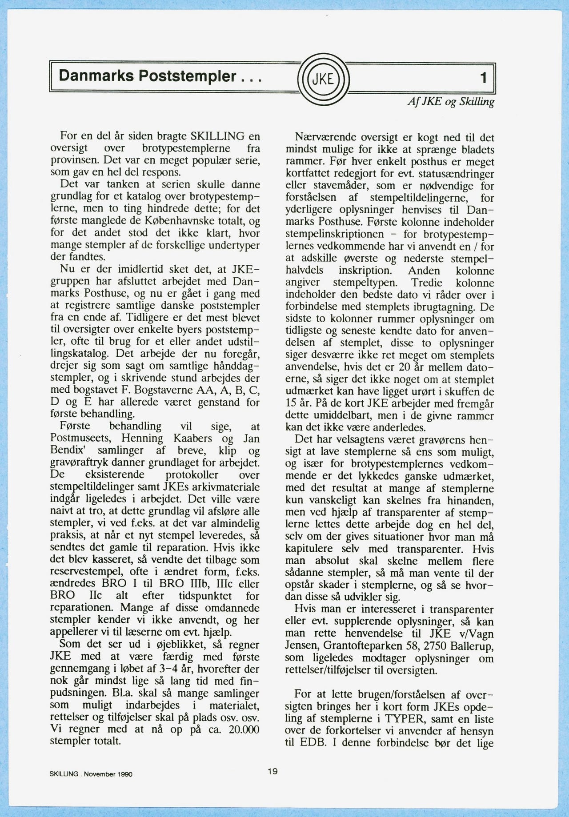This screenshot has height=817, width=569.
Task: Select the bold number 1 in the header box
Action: tap(484, 78)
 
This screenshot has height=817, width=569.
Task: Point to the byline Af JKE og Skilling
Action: tap(451, 102)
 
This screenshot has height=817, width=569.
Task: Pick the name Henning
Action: tap(142, 438)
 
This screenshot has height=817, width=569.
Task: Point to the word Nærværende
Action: tap(325, 138)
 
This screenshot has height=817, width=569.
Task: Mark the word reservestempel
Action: tap(87, 572)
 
